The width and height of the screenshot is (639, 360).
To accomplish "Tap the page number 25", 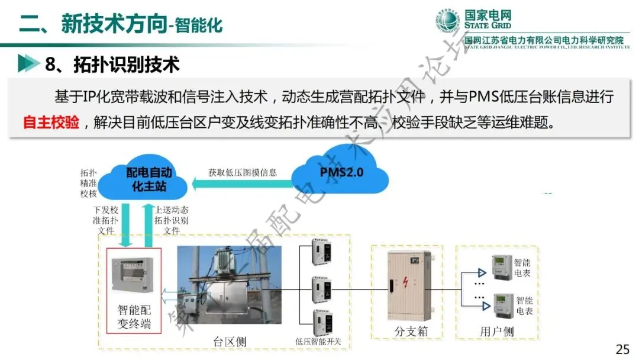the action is click(622, 349).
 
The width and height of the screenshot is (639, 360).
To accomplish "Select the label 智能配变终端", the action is click(134, 316).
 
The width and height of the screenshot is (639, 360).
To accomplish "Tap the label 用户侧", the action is click(496, 332).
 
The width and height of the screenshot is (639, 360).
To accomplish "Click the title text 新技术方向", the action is click(112, 23).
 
